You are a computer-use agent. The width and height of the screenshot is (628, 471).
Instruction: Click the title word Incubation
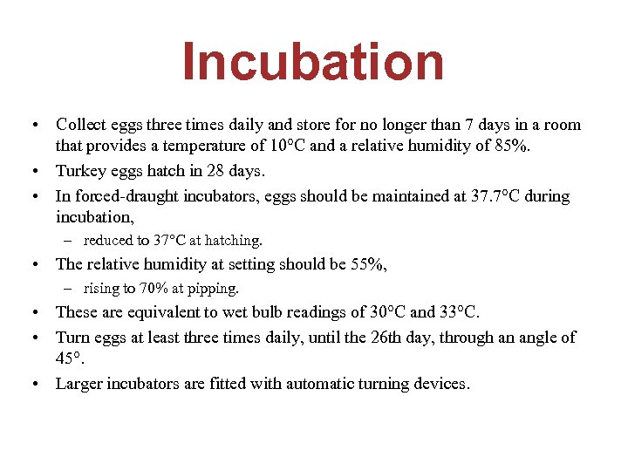tap(313, 63)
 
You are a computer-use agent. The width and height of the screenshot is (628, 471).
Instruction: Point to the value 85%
tap(512, 146)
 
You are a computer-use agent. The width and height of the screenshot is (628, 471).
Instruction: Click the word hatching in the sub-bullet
tap(230, 240)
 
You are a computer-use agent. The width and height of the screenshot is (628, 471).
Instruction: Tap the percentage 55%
tap(365, 263)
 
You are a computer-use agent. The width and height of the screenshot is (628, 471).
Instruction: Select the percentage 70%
tap(154, 288)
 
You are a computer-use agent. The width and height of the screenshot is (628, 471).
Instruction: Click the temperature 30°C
tap(386, 311)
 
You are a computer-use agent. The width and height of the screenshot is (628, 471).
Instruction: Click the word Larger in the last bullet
tap(80, 383)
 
